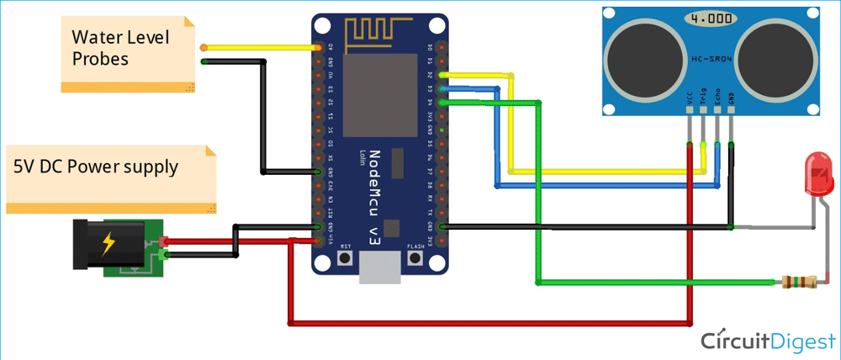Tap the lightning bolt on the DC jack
pos(108,246)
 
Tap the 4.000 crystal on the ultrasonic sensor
pos(708,18)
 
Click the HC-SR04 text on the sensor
pos(708,58)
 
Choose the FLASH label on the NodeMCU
pos(415,246)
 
